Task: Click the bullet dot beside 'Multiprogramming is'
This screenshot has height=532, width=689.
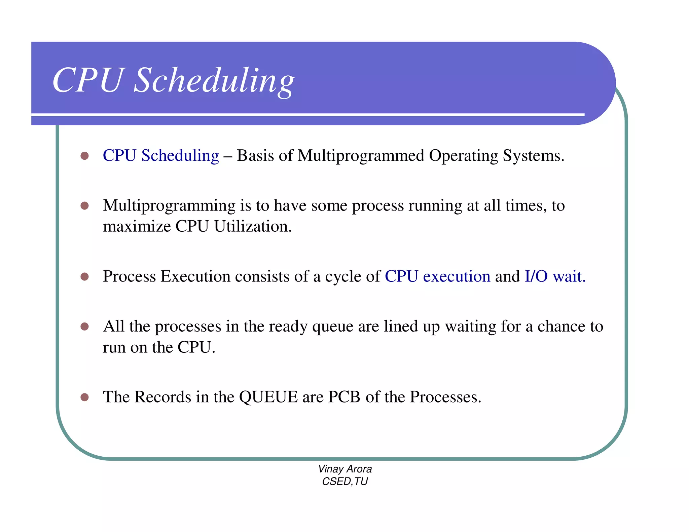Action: (84, 206)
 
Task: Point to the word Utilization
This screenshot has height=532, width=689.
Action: (253, 226)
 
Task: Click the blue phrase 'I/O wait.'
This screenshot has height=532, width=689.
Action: (555, 276)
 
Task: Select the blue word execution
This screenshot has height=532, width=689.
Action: (457, 276)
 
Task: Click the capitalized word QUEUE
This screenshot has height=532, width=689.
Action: (268, 397)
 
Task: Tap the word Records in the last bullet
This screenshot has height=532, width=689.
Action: (163, 397)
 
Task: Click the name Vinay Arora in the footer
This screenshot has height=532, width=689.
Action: (345, 469)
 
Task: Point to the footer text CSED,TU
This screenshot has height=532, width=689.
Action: (345, 482)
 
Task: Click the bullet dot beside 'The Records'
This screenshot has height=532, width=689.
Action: (84, 397)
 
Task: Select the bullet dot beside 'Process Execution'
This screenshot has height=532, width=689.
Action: (84, 277)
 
